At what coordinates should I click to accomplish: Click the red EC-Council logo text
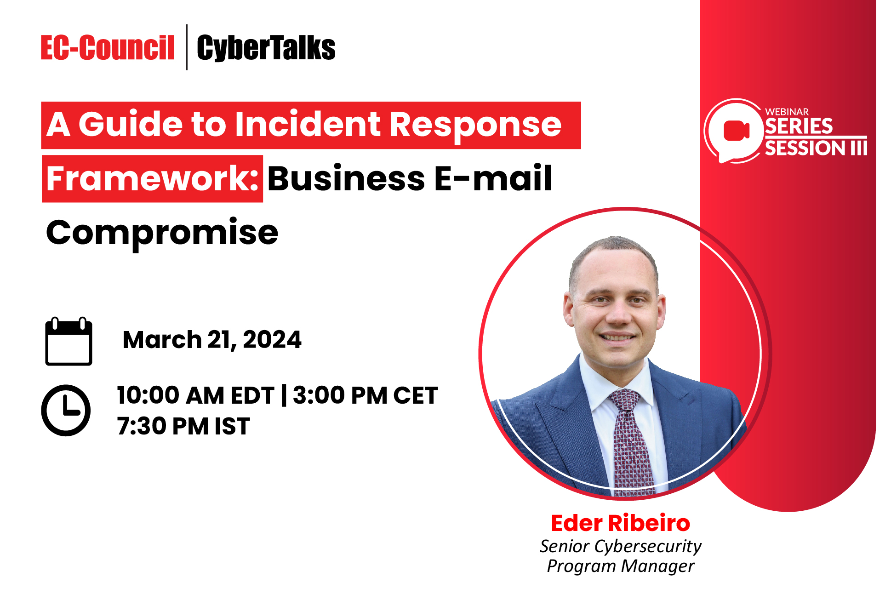108,48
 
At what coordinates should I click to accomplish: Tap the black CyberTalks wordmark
266,48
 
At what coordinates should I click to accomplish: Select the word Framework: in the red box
152,179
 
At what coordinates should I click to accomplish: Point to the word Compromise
162,233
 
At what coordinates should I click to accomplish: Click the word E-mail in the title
492,178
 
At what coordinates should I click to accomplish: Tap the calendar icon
69,341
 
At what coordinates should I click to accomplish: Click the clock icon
66,410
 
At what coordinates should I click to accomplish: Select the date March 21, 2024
212,340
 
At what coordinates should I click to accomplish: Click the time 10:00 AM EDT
195,395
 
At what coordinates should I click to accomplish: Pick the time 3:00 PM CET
365,395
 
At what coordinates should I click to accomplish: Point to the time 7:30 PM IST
183,426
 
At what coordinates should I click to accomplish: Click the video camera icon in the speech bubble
736,131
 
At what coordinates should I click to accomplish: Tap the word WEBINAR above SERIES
787,112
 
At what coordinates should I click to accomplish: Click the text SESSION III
816,148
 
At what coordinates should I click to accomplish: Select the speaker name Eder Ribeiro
620,523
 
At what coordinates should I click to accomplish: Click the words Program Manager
620,566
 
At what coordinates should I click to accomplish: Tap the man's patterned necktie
630,441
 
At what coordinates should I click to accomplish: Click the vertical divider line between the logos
187,47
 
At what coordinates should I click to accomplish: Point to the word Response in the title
475,125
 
